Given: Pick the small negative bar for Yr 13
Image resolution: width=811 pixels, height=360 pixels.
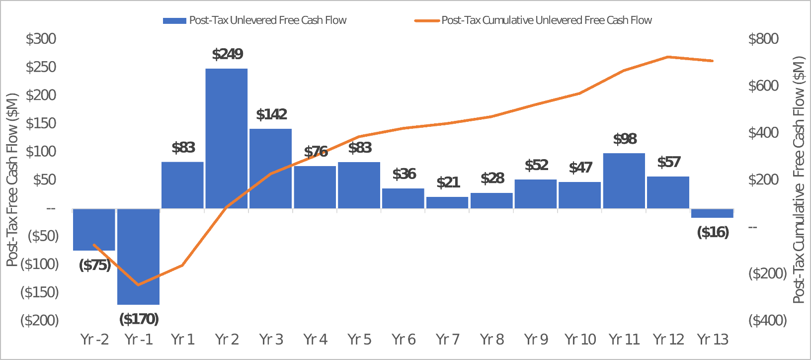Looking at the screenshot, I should click(x=712, y=213).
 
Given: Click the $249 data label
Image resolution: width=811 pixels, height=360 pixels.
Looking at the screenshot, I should click(x=228, y=54).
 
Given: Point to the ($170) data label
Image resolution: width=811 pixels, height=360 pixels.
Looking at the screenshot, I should click(x=139, y=319).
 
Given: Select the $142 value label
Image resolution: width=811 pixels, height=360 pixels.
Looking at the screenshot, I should click(x=272, y=114).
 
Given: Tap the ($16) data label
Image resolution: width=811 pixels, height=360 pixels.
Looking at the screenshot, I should click(x=713, y=232).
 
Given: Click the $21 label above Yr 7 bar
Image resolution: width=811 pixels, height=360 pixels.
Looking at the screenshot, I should click(x=448, y=182).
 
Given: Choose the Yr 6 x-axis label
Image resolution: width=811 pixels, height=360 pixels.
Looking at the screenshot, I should click(x=404, y=339).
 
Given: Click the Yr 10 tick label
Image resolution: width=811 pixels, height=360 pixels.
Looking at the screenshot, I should click(x=580, y=339).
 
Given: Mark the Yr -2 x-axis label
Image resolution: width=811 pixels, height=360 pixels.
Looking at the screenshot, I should click(x=94, y=339).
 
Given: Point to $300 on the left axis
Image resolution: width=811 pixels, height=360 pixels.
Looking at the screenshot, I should click(x=41, y=39).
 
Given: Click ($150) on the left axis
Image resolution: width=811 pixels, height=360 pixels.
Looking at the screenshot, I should click(x=39, y=292).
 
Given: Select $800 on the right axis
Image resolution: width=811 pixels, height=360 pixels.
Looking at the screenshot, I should click(x=763, y=39).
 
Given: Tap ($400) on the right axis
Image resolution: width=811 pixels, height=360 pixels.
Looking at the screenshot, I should click(x=767, y=320).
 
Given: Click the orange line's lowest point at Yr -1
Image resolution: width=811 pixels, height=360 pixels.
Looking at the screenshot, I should click(x=138, y=285).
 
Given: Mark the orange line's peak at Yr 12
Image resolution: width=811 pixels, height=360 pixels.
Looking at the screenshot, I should click(x=668, y=57).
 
